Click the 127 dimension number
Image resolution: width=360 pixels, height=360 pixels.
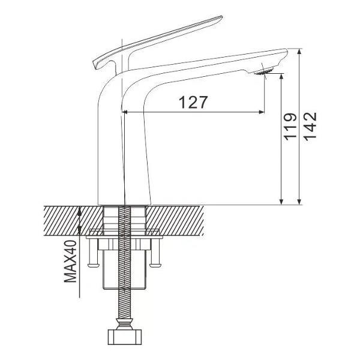point(193,103)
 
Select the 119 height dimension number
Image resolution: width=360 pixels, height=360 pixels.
point(290,127)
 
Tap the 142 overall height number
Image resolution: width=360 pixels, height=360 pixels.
point(310,125)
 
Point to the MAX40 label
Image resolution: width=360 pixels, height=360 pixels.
point(70,261)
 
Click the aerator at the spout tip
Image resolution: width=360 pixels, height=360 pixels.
point(264,71)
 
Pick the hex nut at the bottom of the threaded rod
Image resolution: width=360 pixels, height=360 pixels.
point(125,337)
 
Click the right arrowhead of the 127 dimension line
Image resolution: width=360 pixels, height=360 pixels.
point(262,112)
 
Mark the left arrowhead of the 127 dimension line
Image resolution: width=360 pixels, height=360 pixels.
point(125,112)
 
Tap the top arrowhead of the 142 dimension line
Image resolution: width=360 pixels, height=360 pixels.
point(299,51)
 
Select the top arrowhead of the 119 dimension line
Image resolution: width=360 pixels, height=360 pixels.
point(281,76)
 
